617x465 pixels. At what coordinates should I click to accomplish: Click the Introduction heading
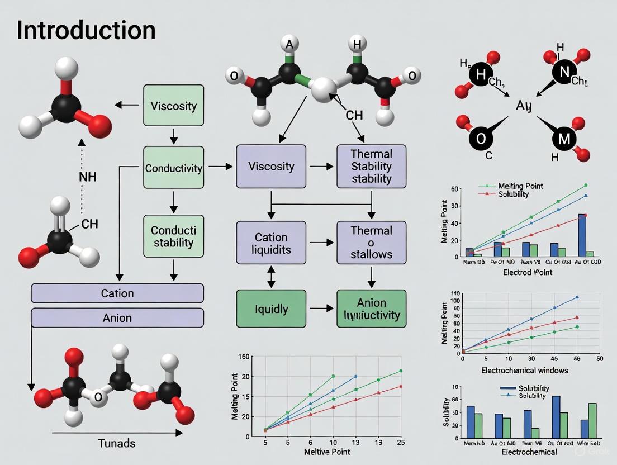pyautogui.click(x=86, y=30)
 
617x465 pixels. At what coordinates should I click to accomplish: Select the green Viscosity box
pyautogui.click(x=173, y=106)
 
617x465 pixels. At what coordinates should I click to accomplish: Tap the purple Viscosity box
pyautogui.click(x=271, y=166)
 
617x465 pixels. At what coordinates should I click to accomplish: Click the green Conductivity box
pyautogui.click(x=173, y=168)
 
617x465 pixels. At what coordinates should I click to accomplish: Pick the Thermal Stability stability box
pyautogui.click(x=371, y=166)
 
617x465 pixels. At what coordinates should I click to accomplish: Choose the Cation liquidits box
pyautogui.click(x=271, y=243)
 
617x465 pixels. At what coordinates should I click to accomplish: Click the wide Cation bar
pyautogui.click(x=117, y=293)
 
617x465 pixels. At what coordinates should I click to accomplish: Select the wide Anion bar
pyautogui.click(x=117, y=317)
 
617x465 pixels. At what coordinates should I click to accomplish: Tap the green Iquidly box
pyautogui.click(x=271, y=308)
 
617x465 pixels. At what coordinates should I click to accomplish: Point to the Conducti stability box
pyautogui.click(x=173, y=236)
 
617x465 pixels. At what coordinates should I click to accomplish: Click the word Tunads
pyautogui.click(x=117, y=443)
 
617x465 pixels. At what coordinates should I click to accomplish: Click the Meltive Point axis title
pyautogui.click(x=326, y=451)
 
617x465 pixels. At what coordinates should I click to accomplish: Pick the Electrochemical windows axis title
pyautogui.click(x=524, y=370)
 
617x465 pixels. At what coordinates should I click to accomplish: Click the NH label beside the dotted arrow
pyautogui.click(x=88, y=177)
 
